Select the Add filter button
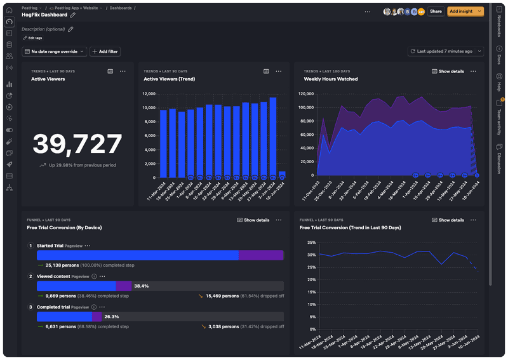[x=105, y=51]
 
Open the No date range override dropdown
[x=54, y=51]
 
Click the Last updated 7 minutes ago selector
[x=445, y=51]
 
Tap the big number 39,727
[x=77, y=144]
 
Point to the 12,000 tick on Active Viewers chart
[x=149, y=94]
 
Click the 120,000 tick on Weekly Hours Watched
[x=305, y=94]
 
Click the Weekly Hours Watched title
[x=330, y=79]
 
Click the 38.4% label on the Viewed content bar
[x=141, y=286]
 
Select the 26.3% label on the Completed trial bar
[x=112, y=317]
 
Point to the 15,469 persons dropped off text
[x=222, y=296]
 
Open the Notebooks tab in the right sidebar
[x=499, y=27]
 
